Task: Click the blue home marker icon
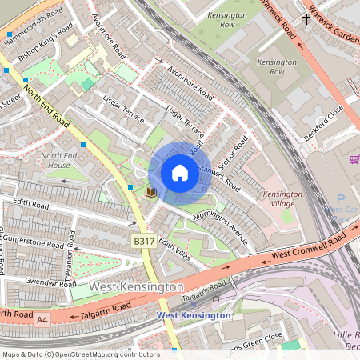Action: pos(180,173)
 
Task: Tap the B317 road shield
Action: pos(144,241)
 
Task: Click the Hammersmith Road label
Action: pos(33,18)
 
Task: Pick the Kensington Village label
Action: pos(282,199)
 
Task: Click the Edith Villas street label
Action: pos(173,247)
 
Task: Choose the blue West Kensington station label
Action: pos(194,315)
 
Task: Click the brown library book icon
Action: pos(150,192)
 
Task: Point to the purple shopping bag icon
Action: pos(354,159)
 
